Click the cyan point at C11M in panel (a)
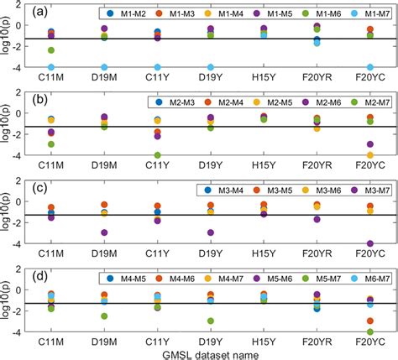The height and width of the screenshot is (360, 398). pos(52,66)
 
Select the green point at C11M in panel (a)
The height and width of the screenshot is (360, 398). pos(52,51)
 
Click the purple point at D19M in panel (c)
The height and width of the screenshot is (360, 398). pos(104,232)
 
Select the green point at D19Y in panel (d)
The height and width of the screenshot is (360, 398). pos(211,321)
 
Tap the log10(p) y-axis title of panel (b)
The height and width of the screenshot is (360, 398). pos(8,125)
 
